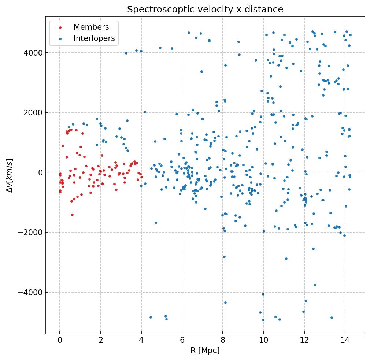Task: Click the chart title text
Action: click(205, 10)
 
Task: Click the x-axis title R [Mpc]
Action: click(205, 350)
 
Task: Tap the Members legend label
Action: click(91, 27)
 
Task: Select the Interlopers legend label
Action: click(94, 38)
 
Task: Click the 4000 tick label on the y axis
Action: click(33, 53)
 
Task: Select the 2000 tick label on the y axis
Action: click(33, 112)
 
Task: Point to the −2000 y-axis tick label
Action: click(31, 233)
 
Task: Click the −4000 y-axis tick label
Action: click(31, 292)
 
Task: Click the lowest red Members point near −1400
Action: click(72, 215)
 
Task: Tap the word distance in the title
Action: click(267, 10)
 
